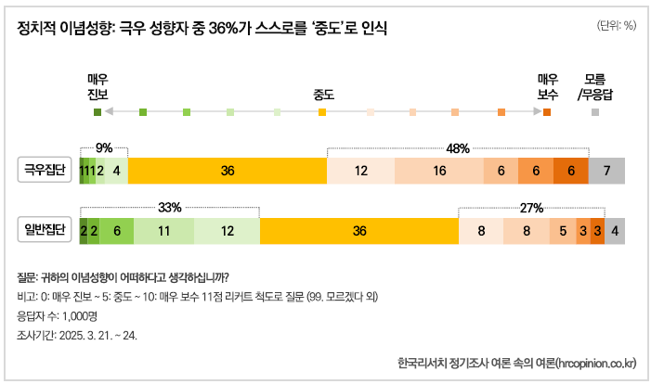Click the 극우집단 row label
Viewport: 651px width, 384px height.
coord(48,170)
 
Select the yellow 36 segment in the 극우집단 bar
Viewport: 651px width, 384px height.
coord(228,171)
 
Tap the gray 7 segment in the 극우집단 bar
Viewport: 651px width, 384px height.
coord(606,171)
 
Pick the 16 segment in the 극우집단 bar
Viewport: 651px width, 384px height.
coord(439,171)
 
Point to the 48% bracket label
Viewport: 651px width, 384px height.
coord(458,147)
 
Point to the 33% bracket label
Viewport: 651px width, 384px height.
coord(169,208)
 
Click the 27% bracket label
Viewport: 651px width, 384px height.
coord(531,208)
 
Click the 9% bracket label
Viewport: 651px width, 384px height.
coord(104,147)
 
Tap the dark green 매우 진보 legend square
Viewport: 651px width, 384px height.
coord(98,112)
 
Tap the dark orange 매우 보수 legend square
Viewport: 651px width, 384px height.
coord(547,112)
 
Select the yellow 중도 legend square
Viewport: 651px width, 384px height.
coord(322,112)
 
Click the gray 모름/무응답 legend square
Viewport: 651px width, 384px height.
coord(595,112)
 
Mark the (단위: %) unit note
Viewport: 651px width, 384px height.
coord(616,26)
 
